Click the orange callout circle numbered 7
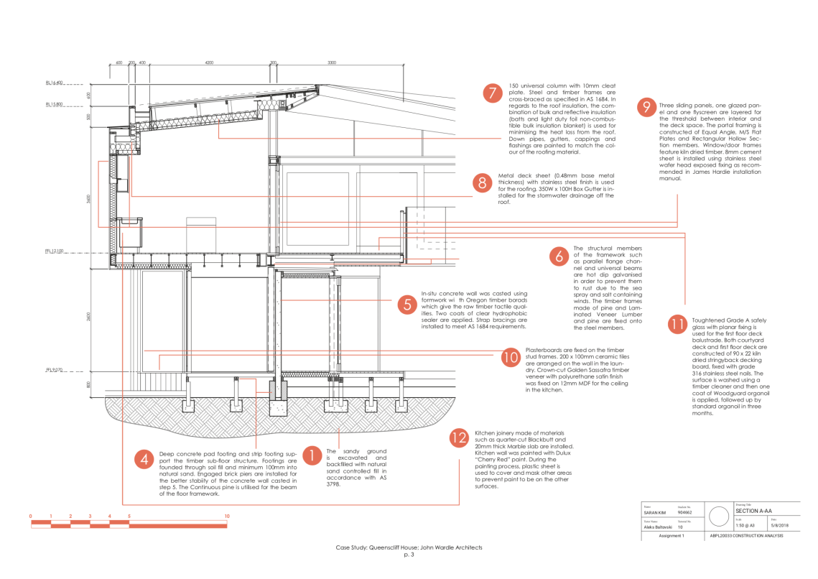pyautogui.click(x=492, y=93)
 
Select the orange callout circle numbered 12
pyautogui.click(x=459, y=438)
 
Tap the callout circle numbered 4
pyautogui.click(x=144, y=459)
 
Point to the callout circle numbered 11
pyautogui.click(x=677, y=324)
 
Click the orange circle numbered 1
pyautogui.click(x=312, y=455)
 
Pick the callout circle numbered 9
pyautogui.click(x=646, y=108)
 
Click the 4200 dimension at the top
pyautogui.click(x=209, y=63)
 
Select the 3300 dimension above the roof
pyautogui.click(x=332, y=63)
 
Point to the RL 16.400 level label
pyautogui.click(x=55, y=83)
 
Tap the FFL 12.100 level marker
pyautogui.click(x=55, y=251)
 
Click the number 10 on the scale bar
pyautogui.click(x=227, y=517)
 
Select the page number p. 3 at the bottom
pyautogui.click(x=409, y=555)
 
